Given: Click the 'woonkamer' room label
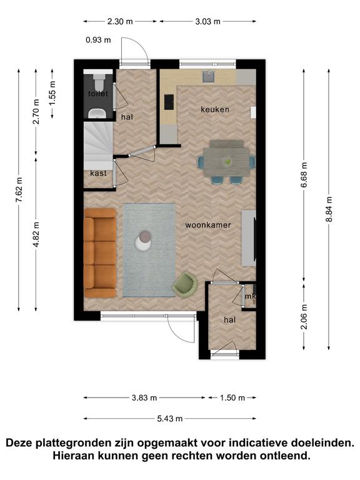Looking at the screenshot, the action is [208, 225].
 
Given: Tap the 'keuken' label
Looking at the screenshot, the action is [215, 109].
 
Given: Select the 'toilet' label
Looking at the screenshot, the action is [98, 94].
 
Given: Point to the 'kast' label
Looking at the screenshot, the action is [98, 173].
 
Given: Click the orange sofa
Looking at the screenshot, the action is [100, 253].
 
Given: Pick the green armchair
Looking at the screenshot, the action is [184, 285].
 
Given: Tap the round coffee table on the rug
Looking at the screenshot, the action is [143, 241].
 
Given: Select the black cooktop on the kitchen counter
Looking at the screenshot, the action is [169, 102].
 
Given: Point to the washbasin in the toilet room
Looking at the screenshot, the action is [97, 114].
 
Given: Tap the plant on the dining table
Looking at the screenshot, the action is [227, 161].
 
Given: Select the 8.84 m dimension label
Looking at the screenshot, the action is [329, 209].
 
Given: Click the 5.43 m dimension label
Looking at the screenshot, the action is [170, 419].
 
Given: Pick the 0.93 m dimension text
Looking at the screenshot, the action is [98, 40].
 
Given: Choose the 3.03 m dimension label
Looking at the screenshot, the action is [208, 21].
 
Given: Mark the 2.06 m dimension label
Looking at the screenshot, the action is [304, 316].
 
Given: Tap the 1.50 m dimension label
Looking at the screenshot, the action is [232, 397].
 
